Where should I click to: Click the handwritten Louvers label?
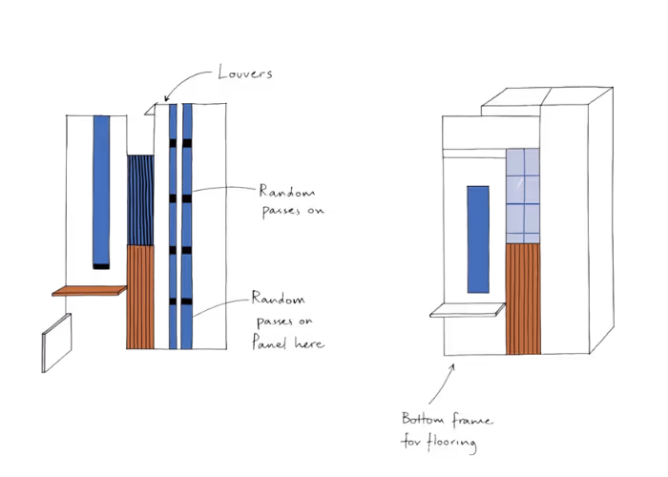pyautogui.click(x=246, y=73)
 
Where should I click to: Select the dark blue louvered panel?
pyautogui.click(x=139, y=200)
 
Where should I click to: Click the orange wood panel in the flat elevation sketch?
pyautogui.click(x=139, y=296)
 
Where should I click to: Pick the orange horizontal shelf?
pyautogui.click(x=89, y=290)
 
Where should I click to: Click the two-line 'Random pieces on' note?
pyautogui.click(x=290, y=200)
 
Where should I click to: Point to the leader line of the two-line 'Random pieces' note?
pyautogui.click(x=225, y=189)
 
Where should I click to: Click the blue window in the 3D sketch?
pyautogui.click(x=476, y=238)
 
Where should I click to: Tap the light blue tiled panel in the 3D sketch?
pyautogui.click(x=522, y=196)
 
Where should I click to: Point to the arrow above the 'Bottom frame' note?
pyautogui.click(x=445, y=382)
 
